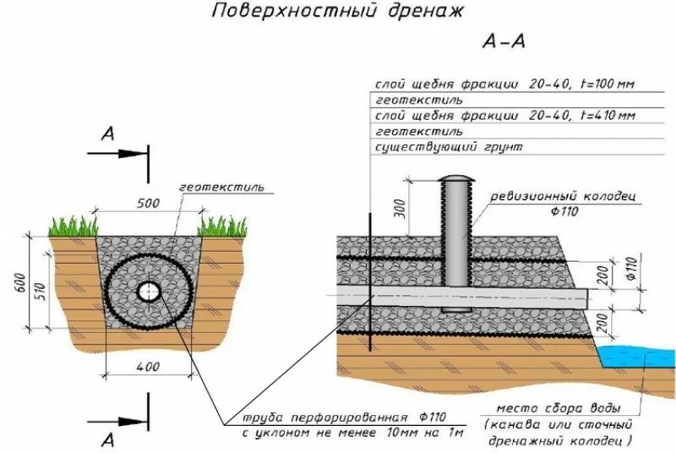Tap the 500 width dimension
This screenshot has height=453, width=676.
[149, 204]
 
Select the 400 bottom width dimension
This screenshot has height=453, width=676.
[149, 366]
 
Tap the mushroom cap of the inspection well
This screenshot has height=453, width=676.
[457, 180]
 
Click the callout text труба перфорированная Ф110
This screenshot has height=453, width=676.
[344, 418]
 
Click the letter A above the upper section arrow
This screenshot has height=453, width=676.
[106, 134]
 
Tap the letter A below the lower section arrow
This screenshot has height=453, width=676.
[106, 439]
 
